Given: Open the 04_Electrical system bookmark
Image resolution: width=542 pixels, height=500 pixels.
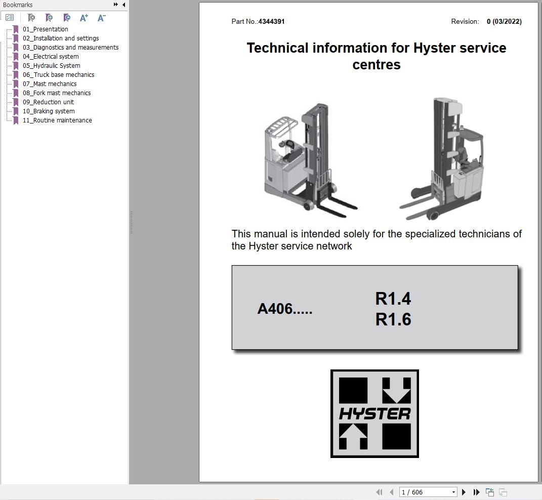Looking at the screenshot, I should tap(51, 57).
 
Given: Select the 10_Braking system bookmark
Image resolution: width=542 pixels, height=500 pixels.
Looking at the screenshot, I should tap(49, 111).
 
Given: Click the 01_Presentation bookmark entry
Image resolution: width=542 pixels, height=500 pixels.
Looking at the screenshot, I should tap(45, 29).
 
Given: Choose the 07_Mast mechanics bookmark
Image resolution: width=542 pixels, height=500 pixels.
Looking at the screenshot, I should tap(50, 84).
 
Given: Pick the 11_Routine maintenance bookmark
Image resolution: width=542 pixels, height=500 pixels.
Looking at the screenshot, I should tap(57, 120).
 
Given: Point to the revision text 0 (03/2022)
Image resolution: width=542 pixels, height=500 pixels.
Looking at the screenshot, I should tap(504, 22).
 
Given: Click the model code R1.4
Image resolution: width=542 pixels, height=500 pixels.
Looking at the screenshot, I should tap(393, 299).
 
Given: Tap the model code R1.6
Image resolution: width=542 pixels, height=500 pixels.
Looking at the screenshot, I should tap(393, 319).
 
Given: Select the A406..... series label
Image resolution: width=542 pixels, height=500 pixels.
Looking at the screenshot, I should tap(284, 309).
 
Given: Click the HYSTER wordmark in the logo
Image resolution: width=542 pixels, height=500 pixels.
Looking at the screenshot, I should tap(374, 414).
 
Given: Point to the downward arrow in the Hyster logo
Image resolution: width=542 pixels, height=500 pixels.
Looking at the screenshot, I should tap(396, 390).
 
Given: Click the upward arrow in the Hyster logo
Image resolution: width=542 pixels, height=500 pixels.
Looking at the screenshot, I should tap(353, 436).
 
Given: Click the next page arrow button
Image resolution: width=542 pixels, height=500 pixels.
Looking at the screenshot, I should tap(464, 492).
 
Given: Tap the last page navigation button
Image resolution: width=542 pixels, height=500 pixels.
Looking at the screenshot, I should tap(476, 492).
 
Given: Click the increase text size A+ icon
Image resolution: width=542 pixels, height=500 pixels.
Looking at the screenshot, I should tap(84, 18).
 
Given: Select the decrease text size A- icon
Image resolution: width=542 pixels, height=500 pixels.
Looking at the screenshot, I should tap(101, 18).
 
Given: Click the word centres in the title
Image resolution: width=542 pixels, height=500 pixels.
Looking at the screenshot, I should tap(376, 65).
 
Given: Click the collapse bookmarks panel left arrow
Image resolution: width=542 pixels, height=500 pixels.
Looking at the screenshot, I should tap(124, 5).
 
